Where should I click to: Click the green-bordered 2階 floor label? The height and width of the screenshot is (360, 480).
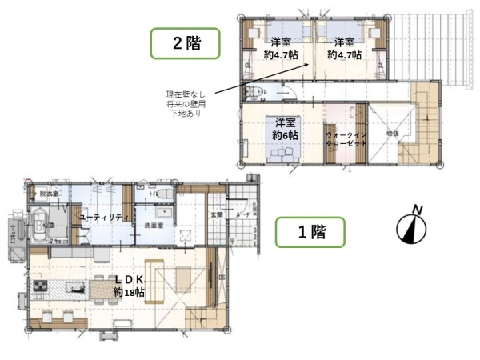(186, 43)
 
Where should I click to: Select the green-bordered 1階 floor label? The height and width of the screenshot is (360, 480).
(310, 233)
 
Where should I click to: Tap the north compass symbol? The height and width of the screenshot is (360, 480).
(412, 226)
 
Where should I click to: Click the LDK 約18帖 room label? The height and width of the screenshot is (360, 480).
(128, 284)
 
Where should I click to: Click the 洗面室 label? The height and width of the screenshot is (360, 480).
(154, 226)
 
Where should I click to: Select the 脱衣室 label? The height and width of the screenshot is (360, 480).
(50, 194)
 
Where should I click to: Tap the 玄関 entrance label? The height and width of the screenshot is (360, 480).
(217, 214)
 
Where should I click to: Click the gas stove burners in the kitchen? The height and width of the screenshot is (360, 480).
(41, 286)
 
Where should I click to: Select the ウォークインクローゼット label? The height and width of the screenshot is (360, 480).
(346, 141)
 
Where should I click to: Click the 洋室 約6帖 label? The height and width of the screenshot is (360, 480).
(285, 129)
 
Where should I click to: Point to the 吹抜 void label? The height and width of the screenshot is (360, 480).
(392, 134)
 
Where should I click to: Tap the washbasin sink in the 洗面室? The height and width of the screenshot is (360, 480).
(165, 214)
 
